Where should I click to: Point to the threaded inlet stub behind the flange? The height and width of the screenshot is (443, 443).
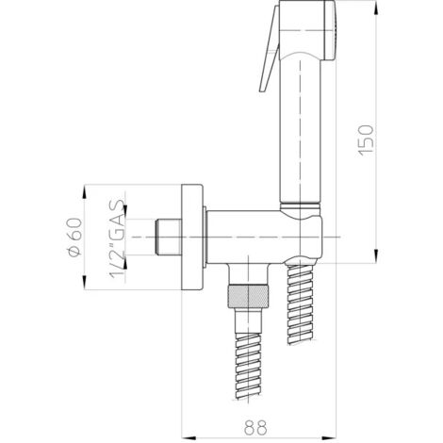pos(167,236)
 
